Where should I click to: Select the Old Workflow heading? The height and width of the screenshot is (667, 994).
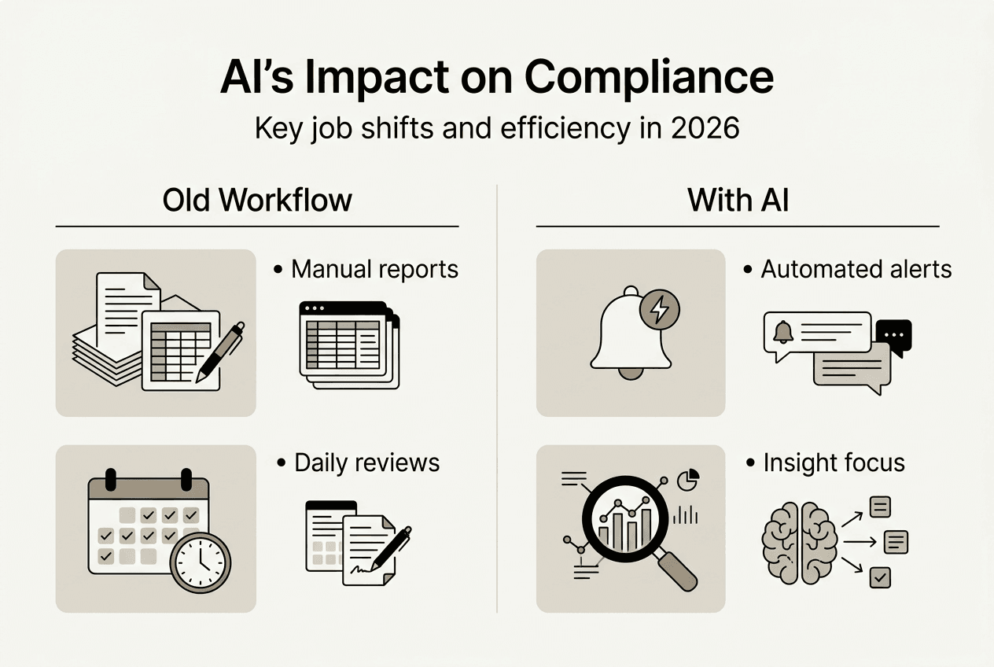(x=257, y=201)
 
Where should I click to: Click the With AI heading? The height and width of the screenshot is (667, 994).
(x=738, y=201)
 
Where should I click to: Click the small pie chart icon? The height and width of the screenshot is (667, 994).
(x=688, y=479)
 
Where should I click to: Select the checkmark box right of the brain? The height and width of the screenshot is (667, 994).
(x=880, y=578)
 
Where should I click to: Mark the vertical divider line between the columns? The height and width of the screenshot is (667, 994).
(x=497, y=393)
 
